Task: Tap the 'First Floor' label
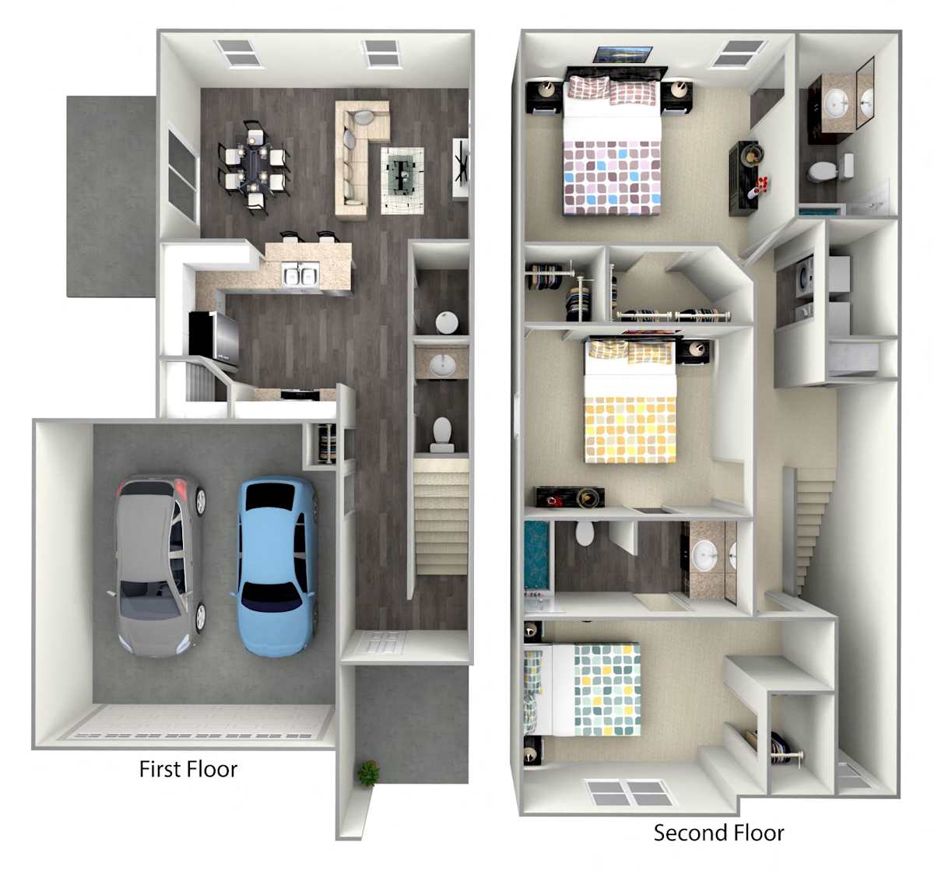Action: (x=188, y=769)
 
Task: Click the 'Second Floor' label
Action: (x=718, y=832)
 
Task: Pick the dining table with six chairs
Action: (x=254, y=167)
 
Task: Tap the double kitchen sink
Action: (x=300, y=274)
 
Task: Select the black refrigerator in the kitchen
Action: (x=213, y=337)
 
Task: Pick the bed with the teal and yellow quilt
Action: (x=583, y=690)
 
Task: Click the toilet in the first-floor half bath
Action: (x=442, y=434)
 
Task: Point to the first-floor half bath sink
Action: (x=443, y=365)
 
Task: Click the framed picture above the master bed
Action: (x=622, y=54)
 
